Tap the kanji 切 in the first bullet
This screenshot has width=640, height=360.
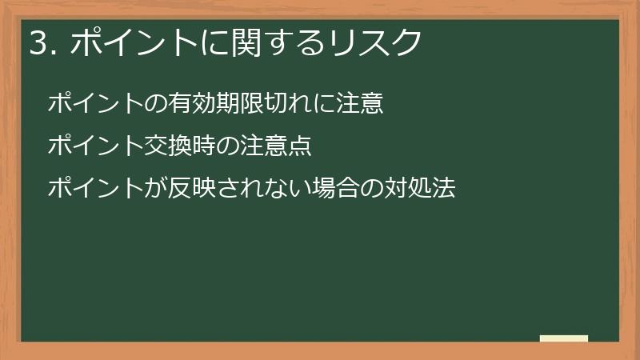pyautogui.click(x=278, y=103)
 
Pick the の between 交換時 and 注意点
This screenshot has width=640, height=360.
pyautogui.click(x=229, y=146)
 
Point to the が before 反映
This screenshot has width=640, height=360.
pyautogui.click(x=156, y=190)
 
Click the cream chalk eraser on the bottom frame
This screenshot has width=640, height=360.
pyautogui.click(x=564, y=338)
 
